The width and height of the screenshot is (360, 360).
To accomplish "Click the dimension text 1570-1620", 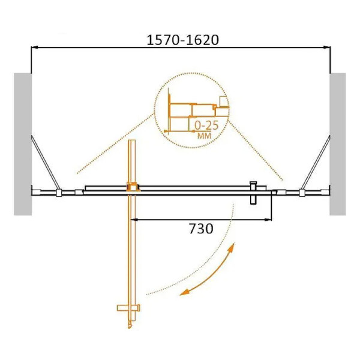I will pyautogui.click(x=183, y=40).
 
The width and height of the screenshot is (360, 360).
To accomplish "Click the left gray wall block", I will pyautogui.click(x=22, y=144).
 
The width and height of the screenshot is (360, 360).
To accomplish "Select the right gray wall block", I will pyautogui.click(x=337, y=144).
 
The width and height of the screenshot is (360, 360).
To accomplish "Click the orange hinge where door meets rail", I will pyautogui.click(x=133, y=187).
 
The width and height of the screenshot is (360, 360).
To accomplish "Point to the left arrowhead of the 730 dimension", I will pyautogui.click(x=135, y=219).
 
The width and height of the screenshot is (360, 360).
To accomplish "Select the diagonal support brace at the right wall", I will pyautogui.click(x=315, y=162).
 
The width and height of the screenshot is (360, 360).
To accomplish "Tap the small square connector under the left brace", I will pyautogui.click(x=58, y=193).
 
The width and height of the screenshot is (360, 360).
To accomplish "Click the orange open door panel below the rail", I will pyautogui.click(x=131, y=252).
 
